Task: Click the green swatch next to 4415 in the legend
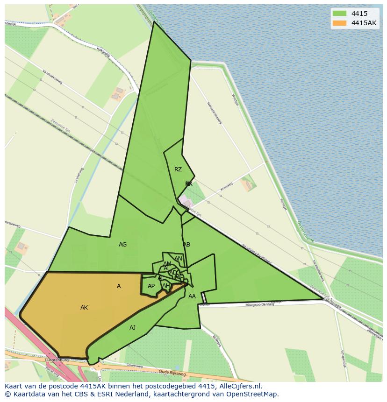339,14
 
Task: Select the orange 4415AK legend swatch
339,23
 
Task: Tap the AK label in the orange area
84,308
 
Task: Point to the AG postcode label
122,245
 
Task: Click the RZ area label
178,169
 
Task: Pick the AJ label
133,328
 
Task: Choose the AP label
151,286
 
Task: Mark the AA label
192,296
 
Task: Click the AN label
178,259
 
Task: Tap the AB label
186,245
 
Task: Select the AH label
166,286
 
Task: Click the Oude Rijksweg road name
172,373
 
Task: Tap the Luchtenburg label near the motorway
57,360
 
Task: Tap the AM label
167,264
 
